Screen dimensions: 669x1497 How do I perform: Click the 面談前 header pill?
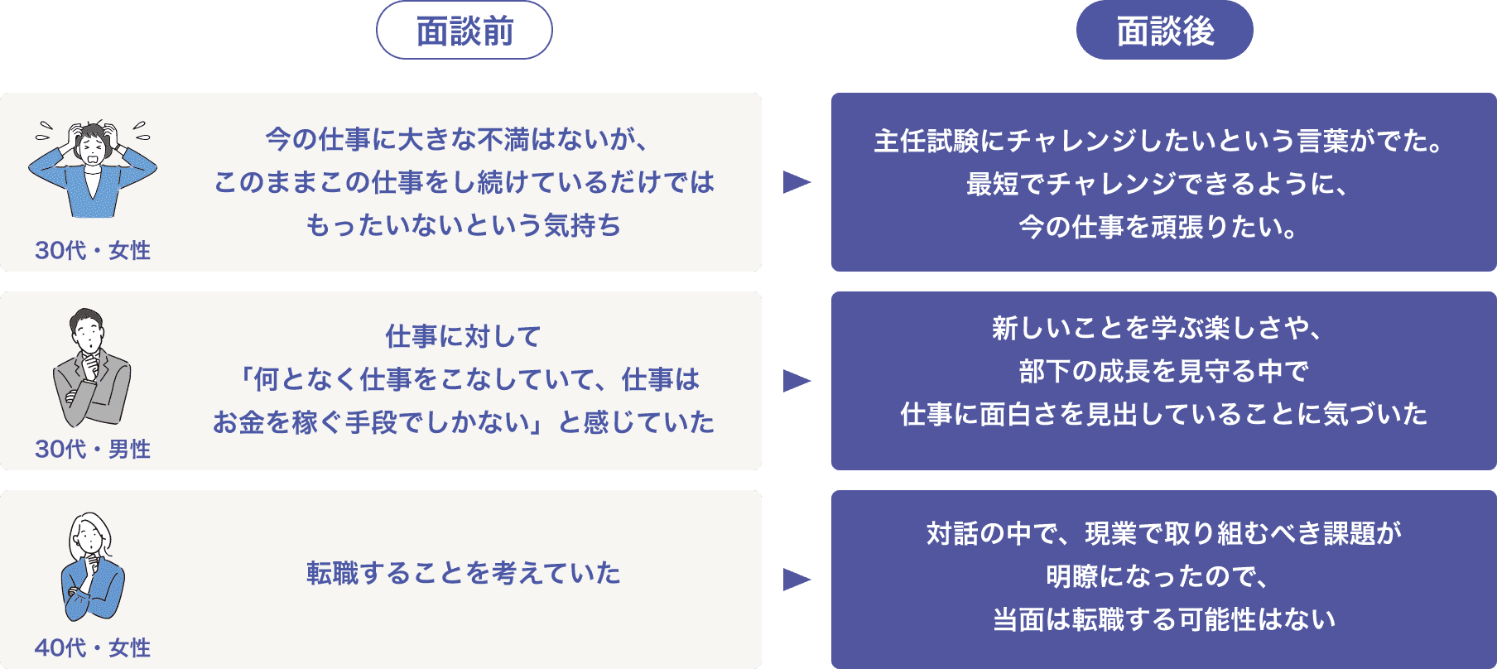point(465,31)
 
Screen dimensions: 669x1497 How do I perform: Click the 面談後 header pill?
point(1164,31)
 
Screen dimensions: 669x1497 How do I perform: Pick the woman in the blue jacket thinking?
point(92,567)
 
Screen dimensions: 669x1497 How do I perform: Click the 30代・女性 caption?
point(93,250)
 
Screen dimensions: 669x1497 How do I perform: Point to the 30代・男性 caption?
point(93,449)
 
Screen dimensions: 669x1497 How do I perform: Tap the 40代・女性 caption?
point(93,647)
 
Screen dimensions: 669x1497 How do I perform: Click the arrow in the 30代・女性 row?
point(796,182)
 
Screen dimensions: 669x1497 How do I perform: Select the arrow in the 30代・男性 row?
point(796,381)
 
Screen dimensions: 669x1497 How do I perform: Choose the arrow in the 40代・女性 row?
point(796,579)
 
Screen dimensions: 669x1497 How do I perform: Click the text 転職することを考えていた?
point(464,573)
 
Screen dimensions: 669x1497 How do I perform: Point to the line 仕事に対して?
point(464,336)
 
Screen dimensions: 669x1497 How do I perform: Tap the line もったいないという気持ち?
point(464,225)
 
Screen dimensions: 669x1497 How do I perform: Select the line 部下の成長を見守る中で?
point(1163,371)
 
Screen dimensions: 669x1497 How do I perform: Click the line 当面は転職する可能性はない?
point(1164,619)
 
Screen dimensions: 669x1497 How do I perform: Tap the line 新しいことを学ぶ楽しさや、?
point(1158,329)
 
